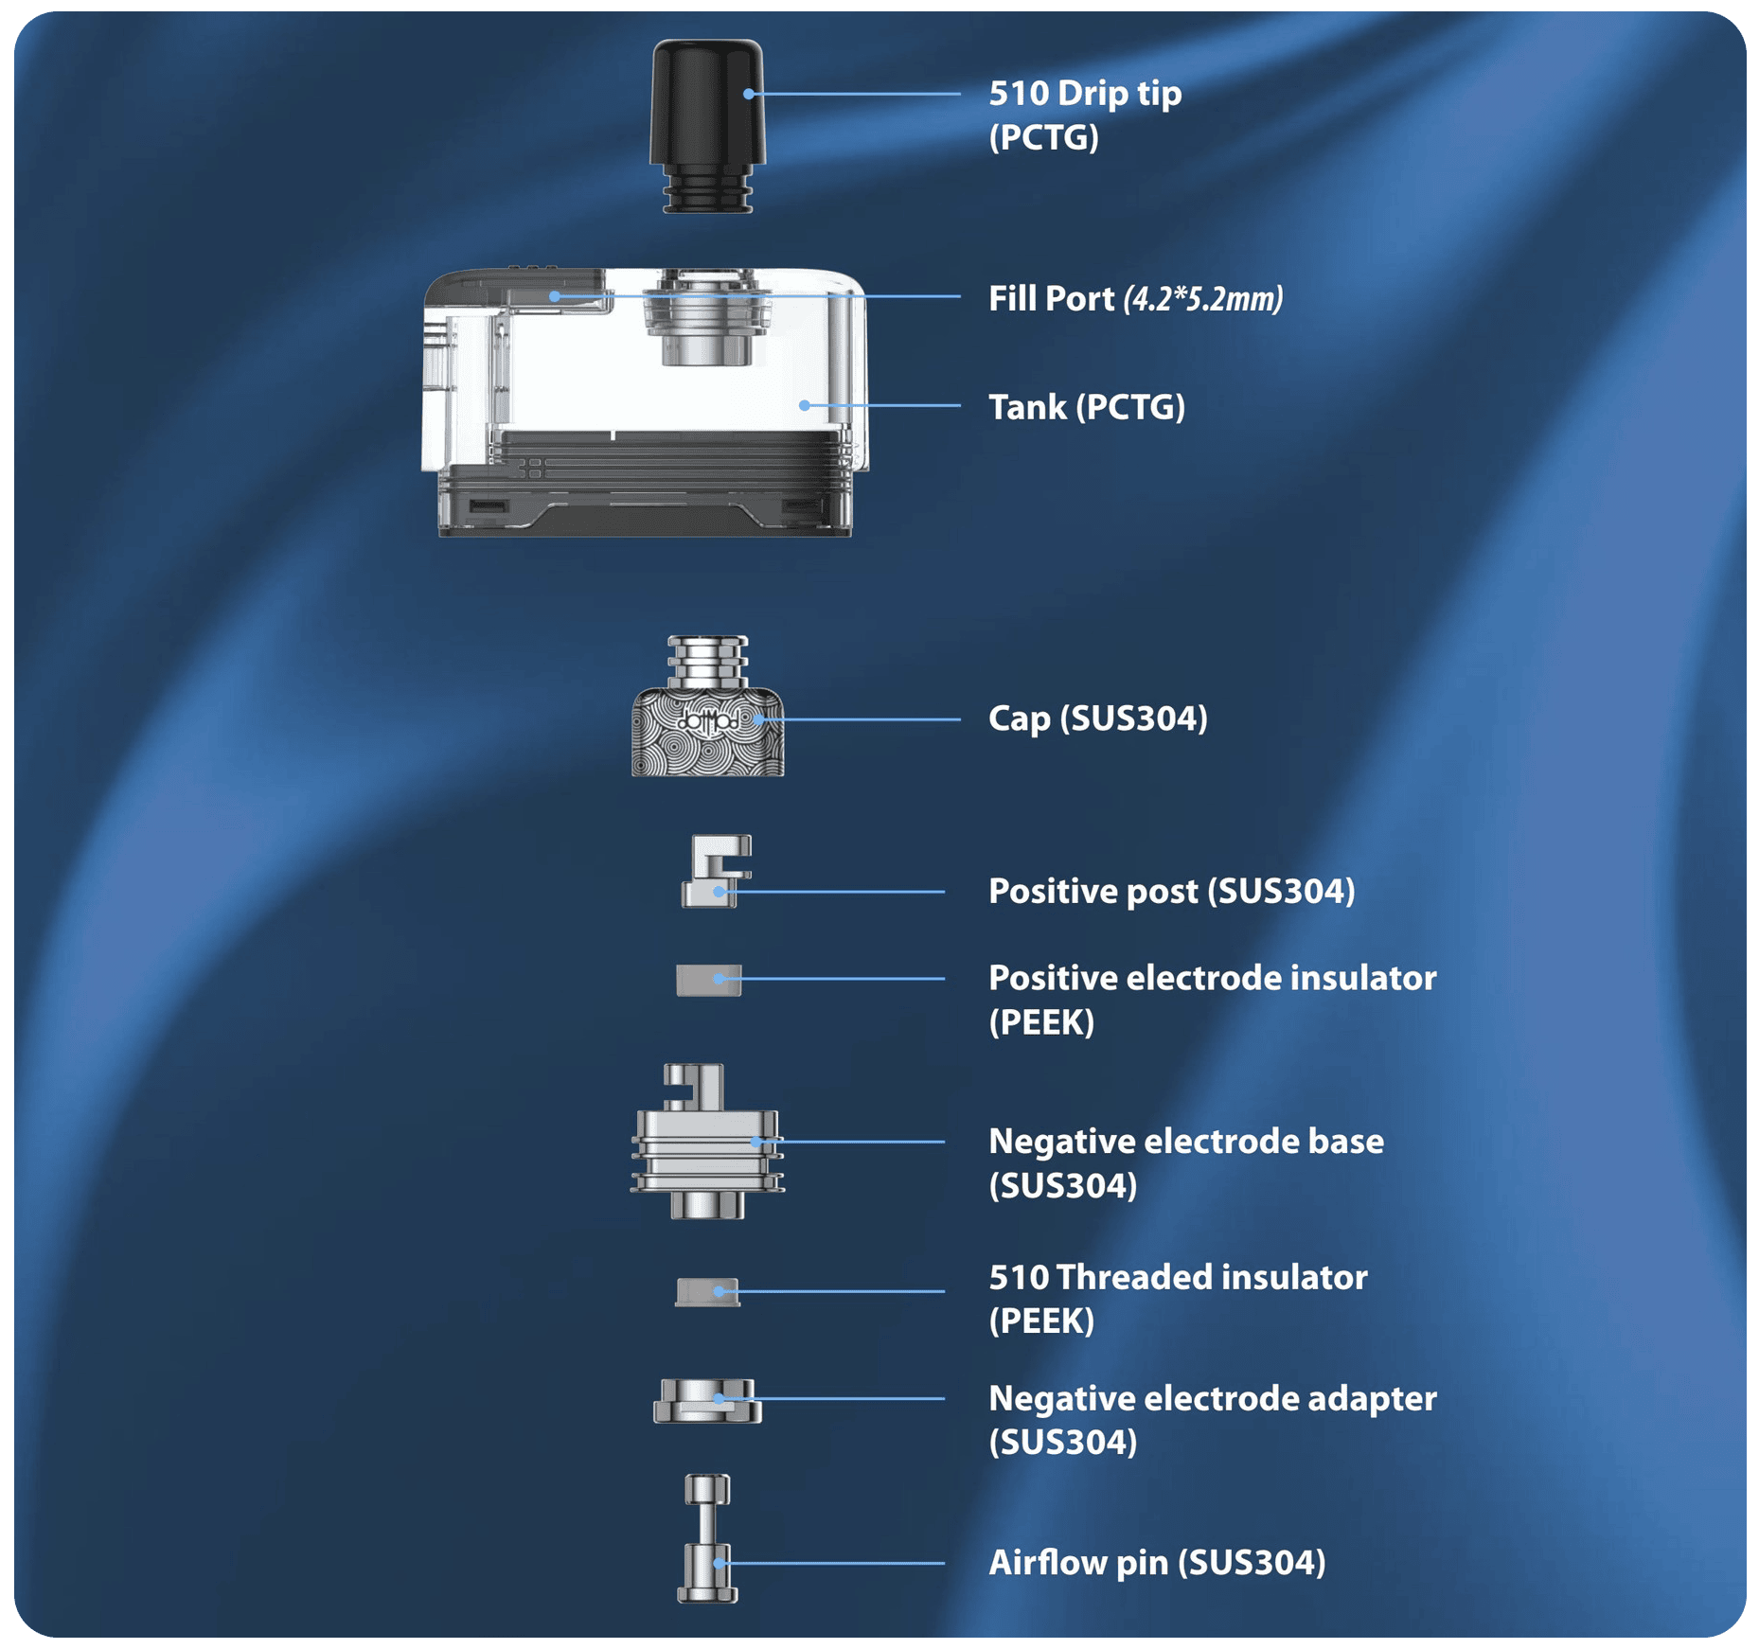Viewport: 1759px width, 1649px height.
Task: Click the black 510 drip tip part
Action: click(x=707, y=126)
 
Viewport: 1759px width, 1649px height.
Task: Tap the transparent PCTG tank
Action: click(x=645, y=402)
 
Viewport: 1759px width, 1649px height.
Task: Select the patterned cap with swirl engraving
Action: click(x=707, y=706)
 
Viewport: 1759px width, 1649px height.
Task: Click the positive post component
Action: click(x=716, y=871)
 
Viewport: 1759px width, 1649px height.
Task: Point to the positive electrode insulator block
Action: click(x=709, y=980)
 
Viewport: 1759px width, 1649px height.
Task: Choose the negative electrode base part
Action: click(x=707, y=1142)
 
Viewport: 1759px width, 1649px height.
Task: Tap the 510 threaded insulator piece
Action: click(x=707, y=1292)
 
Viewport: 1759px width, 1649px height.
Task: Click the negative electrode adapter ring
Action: click(x=707, y=1401)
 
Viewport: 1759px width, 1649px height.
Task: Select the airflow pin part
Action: click(x=707, y=1538)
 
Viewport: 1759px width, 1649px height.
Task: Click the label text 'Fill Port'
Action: click(x=1051, y=299)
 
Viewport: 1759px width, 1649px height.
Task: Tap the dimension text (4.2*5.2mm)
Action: click(x=1203, y=299)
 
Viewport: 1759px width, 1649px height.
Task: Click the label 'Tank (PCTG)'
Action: click(x=1087, y=407)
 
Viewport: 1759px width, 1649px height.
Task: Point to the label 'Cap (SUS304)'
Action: click(x=1098, y=718)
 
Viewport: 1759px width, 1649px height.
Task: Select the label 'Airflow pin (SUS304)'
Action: click(x=1157, y=1563)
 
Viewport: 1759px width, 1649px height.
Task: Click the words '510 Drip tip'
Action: click(x=1085, y=93)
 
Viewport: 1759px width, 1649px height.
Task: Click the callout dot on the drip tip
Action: click(x=749, y=94)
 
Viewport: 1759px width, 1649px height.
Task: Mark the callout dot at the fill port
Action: click(x=555, y=296)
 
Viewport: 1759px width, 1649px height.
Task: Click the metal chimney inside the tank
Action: click(x=706, y=317)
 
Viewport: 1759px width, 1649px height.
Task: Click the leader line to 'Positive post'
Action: click(x=832, y=892)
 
